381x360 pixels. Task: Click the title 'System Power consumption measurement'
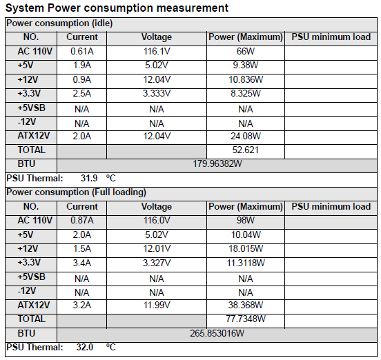pyautogui.click(x=117, y=8)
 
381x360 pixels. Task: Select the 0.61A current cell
pyautogui.click(x=82, y=52)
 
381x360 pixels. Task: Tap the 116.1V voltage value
pyautogui.click(x=157, y=52)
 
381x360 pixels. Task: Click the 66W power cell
pyautogui.click(x=246, y=52)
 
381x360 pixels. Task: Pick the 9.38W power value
pyautogui.click(x=246, y=66)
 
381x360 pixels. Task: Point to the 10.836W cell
pyautogui.click(x=246, y=79)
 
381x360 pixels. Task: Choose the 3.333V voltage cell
pyautogui.click(x=157, y=94)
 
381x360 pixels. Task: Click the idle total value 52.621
pyautogui.click(x=246, y=150)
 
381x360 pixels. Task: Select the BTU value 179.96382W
pyautogui.click(x=217, y=164)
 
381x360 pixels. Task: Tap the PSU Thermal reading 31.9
pyautogui.click(x=89, y=178)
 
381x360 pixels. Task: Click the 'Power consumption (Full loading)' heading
pyautogui.click(x=76, y=192)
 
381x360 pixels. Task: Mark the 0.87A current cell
pyautogui.click(x=82, y=221)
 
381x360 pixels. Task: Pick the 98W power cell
pyautogui.click(x=246, y=221)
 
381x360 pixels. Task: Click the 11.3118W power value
pyautogui.click(x=246, y=263)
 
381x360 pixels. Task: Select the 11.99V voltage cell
pyautogui.click(x=157, y=305)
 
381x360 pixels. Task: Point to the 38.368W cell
pyautogui.click(x=246, y=305)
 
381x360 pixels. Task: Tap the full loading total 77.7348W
pyautogui.click(x=246, y=319)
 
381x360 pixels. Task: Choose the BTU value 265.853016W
pyautogui.click(x=217, y=333)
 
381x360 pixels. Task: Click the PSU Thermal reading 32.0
pyautogui.click(x=85, y=347)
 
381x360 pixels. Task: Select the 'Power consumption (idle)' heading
pyautogui.click(x=59, y=23)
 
